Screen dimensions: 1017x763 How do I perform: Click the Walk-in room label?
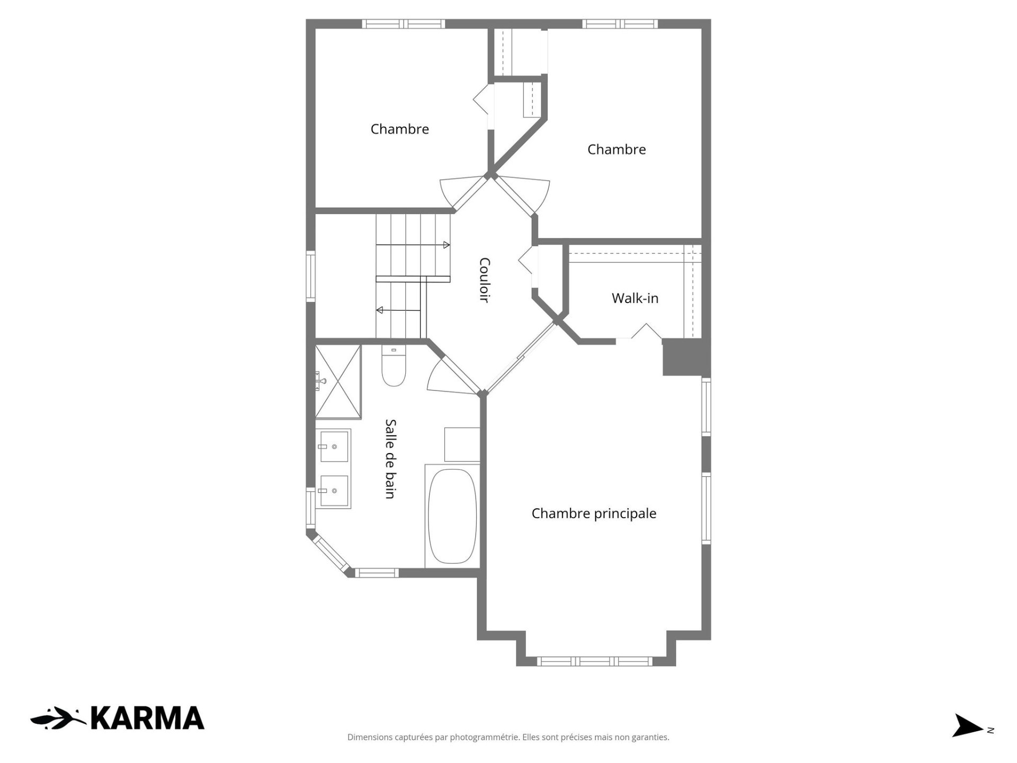click(x=635, y=298)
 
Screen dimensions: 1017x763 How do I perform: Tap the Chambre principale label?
click(x=594, y=513)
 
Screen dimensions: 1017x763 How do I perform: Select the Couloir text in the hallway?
click(x=484, y=280)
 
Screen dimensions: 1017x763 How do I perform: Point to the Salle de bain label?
click(x=390, y=459)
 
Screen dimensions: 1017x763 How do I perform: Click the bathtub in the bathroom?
click(x=452, y=517)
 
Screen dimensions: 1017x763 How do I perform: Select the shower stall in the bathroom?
click(x=338, y=381)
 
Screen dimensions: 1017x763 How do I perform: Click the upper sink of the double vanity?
click(x=334, y=446)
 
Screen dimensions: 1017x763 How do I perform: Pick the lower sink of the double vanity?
click(x=334, y=491)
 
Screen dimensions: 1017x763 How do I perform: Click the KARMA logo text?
click(x=147, y=718)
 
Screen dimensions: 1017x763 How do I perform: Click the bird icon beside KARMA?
click(x=58, y=718)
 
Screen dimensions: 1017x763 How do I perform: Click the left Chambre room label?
click(x=399, y=129)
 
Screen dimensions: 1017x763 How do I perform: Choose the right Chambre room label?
click(x=617, y=149)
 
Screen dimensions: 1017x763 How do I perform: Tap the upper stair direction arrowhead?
click(x=447, y=245)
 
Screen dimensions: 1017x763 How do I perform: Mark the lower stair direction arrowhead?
click(x=379, y=310)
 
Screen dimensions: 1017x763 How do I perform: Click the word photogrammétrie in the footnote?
click(x=485, y=737)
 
